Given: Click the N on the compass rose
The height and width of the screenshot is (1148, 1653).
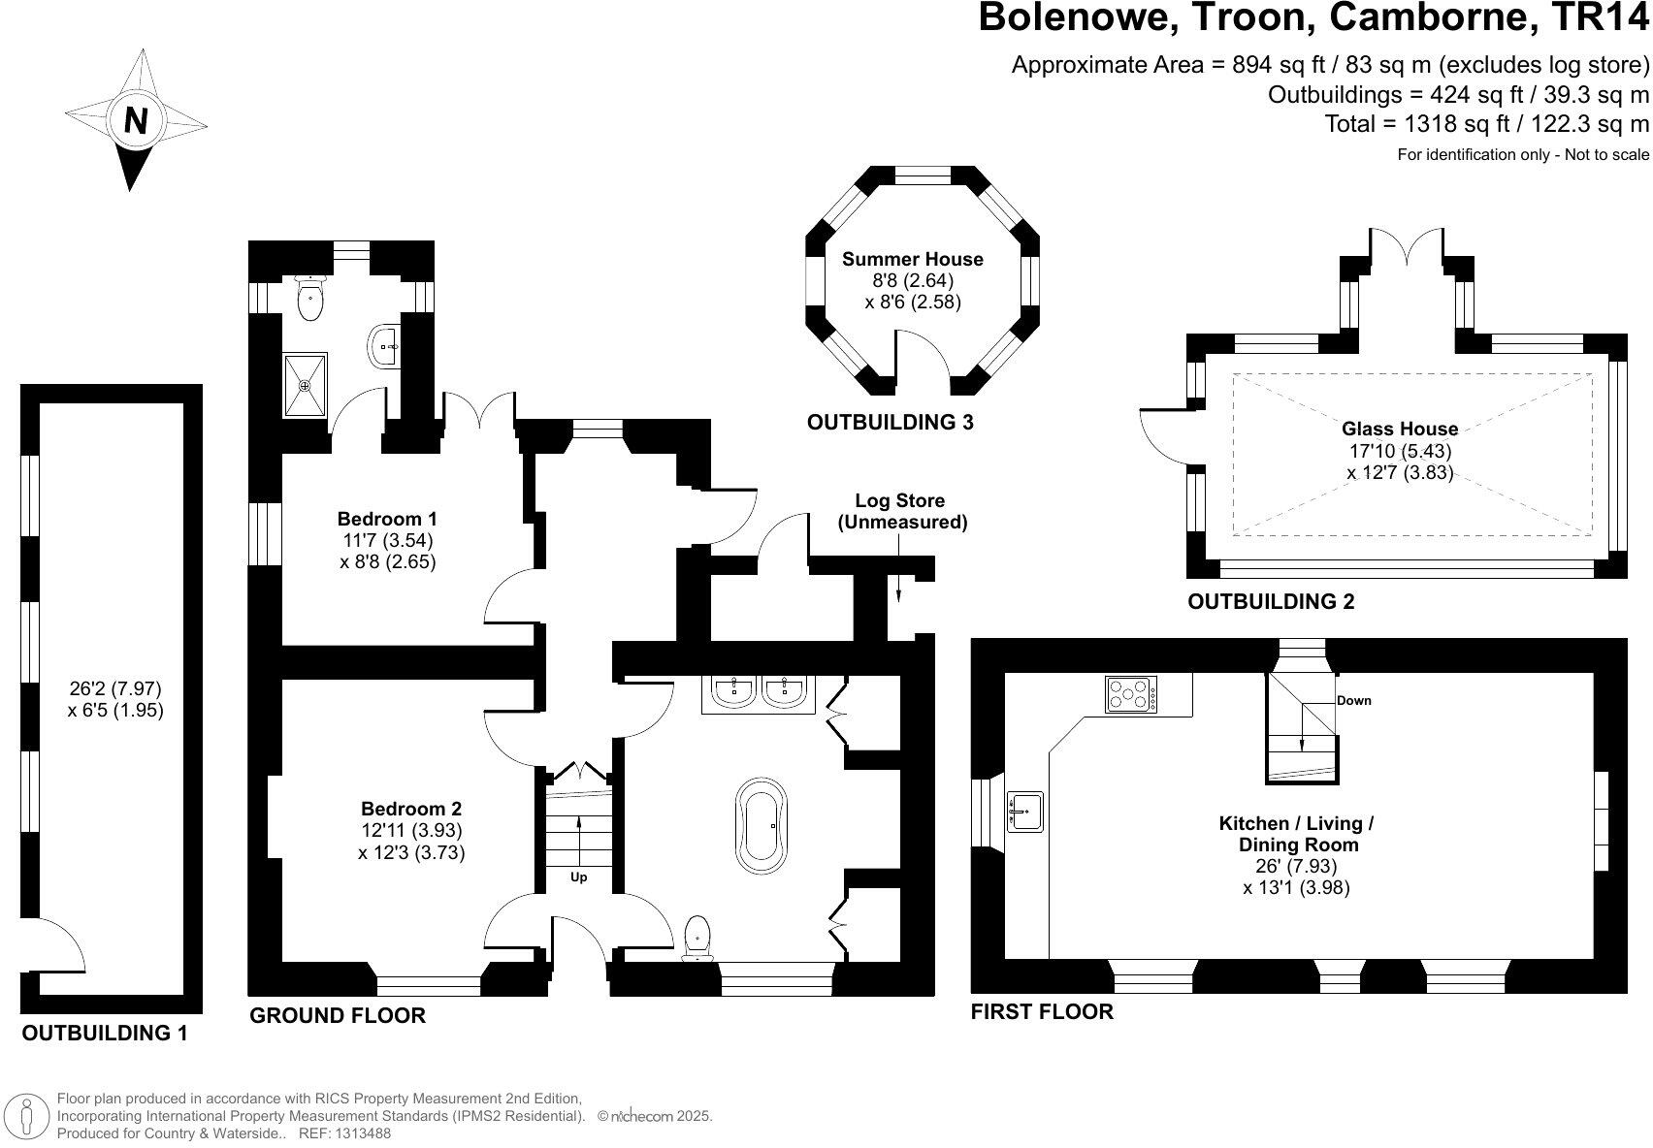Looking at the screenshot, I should (136, 120).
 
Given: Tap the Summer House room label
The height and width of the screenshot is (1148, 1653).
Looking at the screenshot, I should (912, 259).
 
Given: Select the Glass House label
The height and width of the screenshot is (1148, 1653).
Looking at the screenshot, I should (1399, 429).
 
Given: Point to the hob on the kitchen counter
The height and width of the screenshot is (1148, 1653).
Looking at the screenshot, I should (1130, 694).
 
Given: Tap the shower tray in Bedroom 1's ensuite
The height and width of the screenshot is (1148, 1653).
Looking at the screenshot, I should (306, 385).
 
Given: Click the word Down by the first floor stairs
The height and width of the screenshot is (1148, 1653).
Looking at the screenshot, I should (1353, 700).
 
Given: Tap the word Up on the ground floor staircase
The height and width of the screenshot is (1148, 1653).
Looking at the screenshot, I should (578, 877).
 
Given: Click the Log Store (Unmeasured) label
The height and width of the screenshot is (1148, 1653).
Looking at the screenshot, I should (902, 511).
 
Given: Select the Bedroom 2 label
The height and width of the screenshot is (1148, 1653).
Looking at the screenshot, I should (410, 809).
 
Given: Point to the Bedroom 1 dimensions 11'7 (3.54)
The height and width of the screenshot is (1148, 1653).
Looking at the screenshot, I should (388, 540).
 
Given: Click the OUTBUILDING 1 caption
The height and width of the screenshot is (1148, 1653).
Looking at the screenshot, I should (105, 1033).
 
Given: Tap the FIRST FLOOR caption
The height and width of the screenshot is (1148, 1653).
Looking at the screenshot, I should (1042, 1011).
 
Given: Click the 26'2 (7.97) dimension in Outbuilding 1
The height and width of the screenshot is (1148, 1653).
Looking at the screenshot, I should (115, 688).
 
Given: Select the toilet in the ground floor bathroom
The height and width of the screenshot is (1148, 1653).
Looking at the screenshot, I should (698, 938).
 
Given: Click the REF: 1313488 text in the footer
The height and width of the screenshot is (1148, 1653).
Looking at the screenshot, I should (343, 1132).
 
